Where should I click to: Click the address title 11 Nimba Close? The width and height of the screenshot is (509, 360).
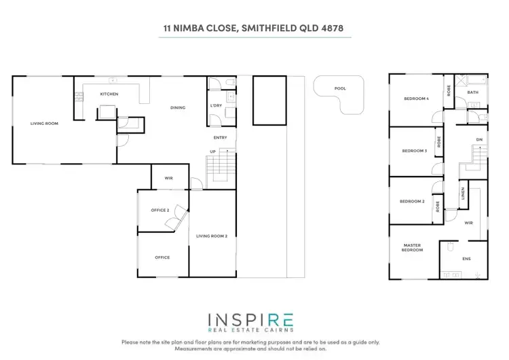(x=254, y=29)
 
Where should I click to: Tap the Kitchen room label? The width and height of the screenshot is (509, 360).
(x=109, y=94)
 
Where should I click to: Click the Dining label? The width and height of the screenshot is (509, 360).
(x=178, y=107)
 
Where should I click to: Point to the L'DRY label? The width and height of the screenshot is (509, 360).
(x=216, y=106)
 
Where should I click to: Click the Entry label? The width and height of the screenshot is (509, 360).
(x=220, y=137)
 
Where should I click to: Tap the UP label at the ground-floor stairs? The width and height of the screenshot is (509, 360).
(x=213, y=151)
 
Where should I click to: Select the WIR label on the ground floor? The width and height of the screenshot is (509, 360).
(x=169, y=178)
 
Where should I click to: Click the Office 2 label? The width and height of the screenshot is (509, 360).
(x=159, y=210)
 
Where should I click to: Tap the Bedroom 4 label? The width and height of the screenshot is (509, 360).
(x=416, y=99)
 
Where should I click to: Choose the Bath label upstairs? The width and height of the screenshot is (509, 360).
(x=472, y=92)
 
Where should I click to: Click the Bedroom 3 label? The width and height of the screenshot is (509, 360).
(x=414, y=151)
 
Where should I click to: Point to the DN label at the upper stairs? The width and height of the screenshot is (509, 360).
(x=478, y=140)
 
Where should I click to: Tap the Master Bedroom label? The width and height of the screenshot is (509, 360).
(x=413, y=247)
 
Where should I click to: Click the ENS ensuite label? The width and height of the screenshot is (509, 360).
(x=466, y=259)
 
